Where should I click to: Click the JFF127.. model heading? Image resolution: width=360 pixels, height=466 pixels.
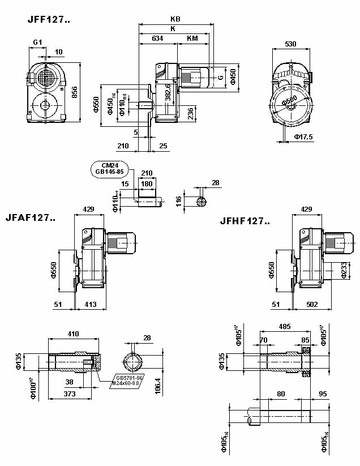49,19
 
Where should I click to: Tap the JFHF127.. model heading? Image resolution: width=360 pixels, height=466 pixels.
245,221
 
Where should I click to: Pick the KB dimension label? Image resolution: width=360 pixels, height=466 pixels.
175,19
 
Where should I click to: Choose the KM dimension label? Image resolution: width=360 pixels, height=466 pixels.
192,39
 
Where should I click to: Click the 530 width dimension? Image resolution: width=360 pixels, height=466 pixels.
291,44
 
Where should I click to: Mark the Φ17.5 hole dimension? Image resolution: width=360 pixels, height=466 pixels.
303,136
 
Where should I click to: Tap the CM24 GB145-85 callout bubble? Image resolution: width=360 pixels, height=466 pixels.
109,168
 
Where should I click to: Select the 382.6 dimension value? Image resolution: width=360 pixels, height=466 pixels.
168,92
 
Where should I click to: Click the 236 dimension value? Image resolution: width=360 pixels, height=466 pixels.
191,114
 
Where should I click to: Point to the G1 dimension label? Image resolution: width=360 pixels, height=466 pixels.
37,42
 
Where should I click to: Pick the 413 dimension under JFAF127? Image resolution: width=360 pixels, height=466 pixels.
90,305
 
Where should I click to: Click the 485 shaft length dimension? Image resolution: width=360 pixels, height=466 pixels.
284,327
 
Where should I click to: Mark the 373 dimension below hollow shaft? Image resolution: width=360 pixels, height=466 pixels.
70,394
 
